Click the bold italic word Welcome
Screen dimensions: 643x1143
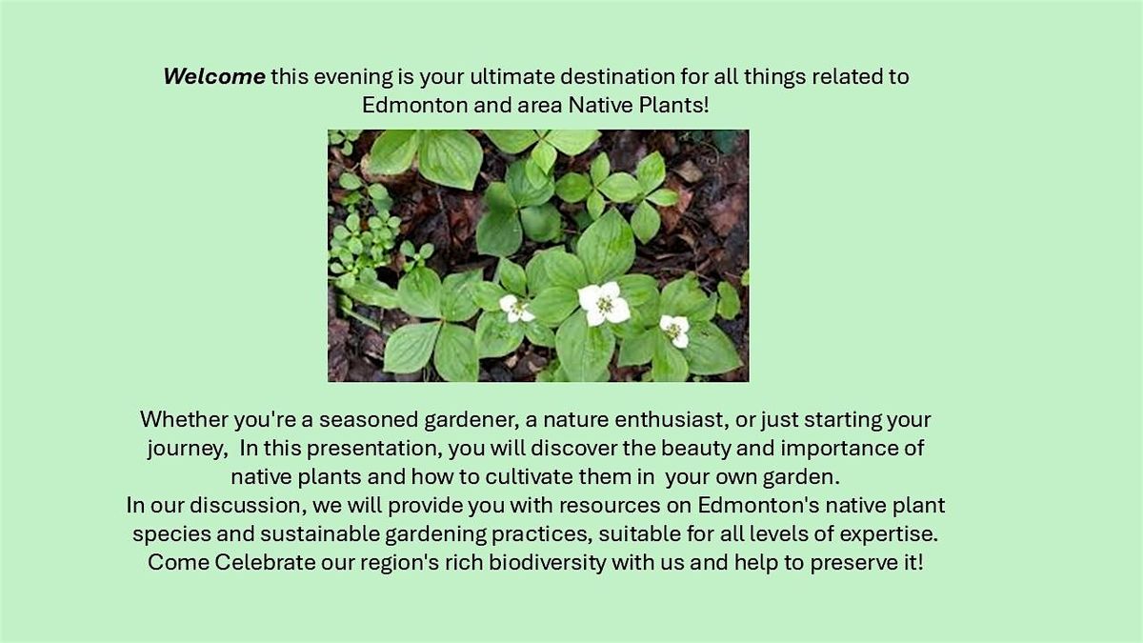click(214, 77)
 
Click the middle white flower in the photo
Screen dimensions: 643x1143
click(604, 303)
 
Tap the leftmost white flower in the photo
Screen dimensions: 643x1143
click(515, 307)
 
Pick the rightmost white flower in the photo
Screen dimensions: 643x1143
click(674, 330)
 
